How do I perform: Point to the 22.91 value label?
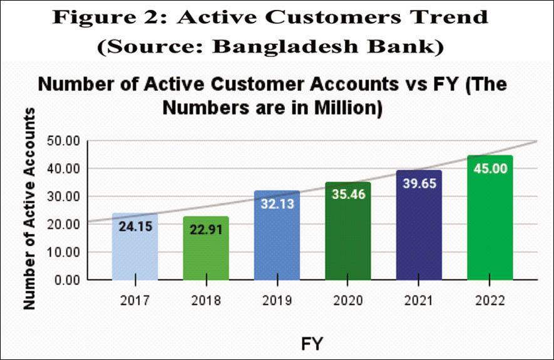tap(205, 229)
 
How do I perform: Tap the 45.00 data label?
tap(490, 169)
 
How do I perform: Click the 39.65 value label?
tap(419, 183)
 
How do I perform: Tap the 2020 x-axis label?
tap(348, 300)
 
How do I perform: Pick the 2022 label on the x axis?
tap(490, 300)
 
